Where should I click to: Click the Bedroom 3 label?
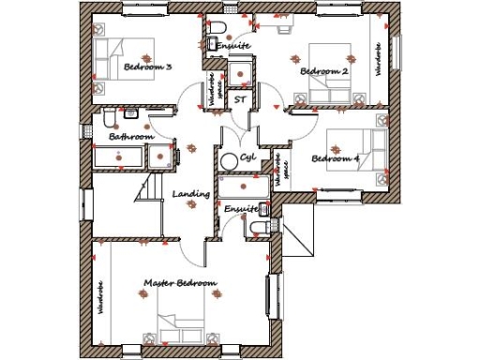[x=148, y=67]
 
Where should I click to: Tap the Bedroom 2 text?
[x=324, y=71]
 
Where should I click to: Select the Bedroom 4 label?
[x=335, y=158]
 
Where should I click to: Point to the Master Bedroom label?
[x=180, y=282]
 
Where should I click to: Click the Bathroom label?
[x=130, y=137]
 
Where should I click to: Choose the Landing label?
[x=191, y=195]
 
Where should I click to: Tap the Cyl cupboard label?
[x=247, y=157]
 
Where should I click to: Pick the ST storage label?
[x=240, y=97]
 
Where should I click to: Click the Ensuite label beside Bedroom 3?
[x=232, y=45]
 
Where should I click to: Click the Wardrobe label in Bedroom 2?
[x=378, y=58]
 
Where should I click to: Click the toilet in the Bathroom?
[x=111, y=117]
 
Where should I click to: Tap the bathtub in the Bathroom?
[x=122, y=157]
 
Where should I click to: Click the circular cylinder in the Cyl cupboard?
[x=228, y=160]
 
